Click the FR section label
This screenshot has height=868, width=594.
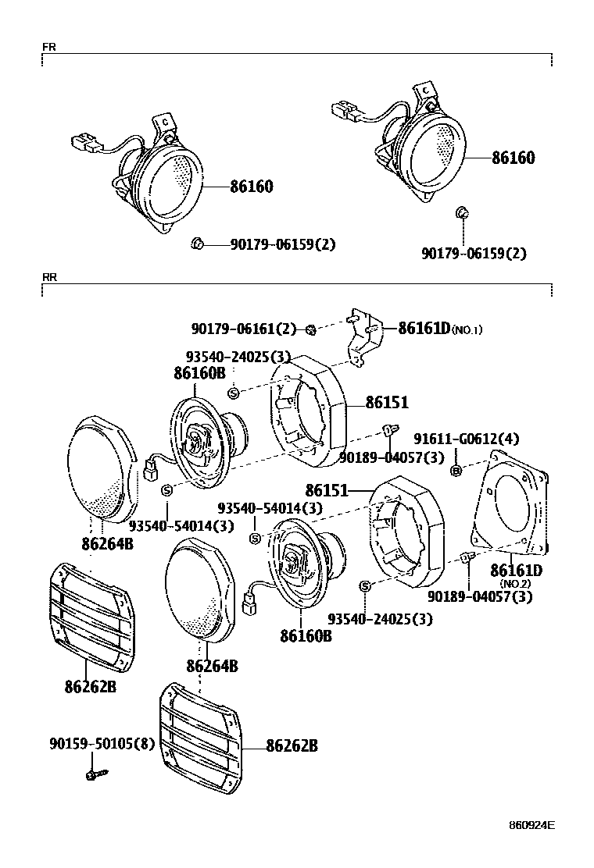(48, 47)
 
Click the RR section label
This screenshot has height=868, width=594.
(49, 276)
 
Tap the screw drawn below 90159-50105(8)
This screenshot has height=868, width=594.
(95, 774)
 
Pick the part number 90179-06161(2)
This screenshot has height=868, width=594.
(244, 329)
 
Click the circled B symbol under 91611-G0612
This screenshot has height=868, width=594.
(456, 470)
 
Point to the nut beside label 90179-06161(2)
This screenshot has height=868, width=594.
(310, 329)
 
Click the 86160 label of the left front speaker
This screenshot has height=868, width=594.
(251, 187)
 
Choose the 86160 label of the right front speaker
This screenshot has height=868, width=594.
(513, 158)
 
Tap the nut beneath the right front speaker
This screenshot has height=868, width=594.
(462, 212)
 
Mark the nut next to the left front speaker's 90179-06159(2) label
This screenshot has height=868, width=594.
(197, 245)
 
